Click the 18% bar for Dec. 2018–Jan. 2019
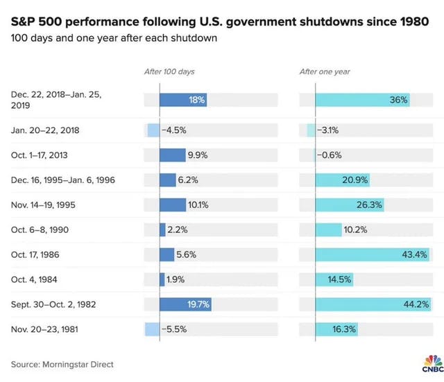pyautogui.click(x=183, y=100)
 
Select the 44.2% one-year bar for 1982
pyautogui.click(x=372, y=304)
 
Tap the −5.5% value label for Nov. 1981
pyautogui.click(x=174, y=329)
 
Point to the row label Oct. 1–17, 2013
pyautogui.click(x=40, y=155)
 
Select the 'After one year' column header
pyautogui.click(x=325, y=71)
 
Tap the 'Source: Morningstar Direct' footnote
pyautogui.click(x=62, y=364)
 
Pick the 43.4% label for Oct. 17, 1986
pyautogui.click(x=415, y=254)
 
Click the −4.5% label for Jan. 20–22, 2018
pyautogui.click(x=173, y=130)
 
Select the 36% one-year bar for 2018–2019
pyautogui.click(x=362, y=100)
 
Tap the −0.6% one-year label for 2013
pyautogui.click(x=330, y=155)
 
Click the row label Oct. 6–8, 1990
pyautogui.click(x=40, y=229)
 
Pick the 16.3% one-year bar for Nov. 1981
pyautogui.click(x=336, y=329)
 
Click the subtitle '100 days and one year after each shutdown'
pyautogui.click(x=114, y=37)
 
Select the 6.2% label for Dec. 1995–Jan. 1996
pyautogui.click(x=188, y=180)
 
